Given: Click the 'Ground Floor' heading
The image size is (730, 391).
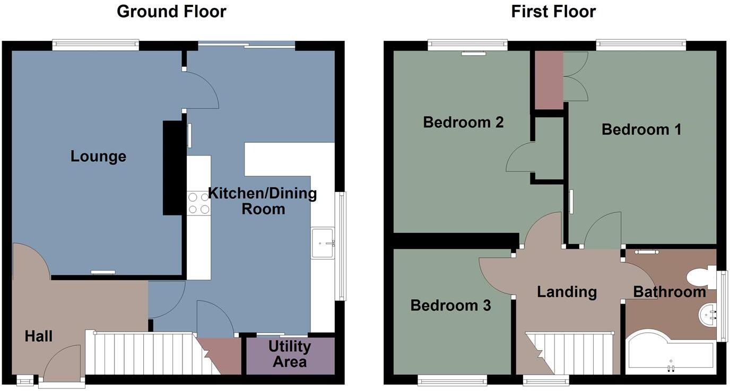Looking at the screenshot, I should pyautogui.click(x=171, y=11).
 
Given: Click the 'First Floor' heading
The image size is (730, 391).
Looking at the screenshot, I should pyautogui.click(x=553, y=11).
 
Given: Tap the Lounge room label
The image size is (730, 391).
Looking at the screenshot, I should pyautogui.click(x=98, y=157).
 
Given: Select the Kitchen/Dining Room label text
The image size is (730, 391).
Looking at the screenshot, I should pyautogui.click(x=263, y=201).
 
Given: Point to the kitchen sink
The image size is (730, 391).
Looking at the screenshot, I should pyautogui.click(x=322, y=243).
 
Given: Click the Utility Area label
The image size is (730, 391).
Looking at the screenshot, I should pyautogui.click(x=290, y=354).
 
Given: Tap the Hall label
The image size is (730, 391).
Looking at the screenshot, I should pyautogui.click(x=38, y=336).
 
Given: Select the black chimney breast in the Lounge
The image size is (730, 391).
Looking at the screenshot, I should pyautogui.click(x=172, y=168).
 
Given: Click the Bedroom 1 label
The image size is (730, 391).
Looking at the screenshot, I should pyautogui.click(x=641, y=129).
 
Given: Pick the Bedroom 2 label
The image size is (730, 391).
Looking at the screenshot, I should pyautogui.click(x=463, y=123).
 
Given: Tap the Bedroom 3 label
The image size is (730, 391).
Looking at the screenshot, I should pyautogui.click(x=450, y=306).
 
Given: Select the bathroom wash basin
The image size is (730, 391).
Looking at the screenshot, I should pyautogui.click(x=707, y=315).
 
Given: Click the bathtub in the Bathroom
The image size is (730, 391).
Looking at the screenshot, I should pyautogui.click(x=670, y=355).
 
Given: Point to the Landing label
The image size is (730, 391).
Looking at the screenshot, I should pyautogui.click(x=567, y=292).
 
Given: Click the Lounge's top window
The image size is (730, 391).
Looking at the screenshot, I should pyautogui.click(x=95, y=46).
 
